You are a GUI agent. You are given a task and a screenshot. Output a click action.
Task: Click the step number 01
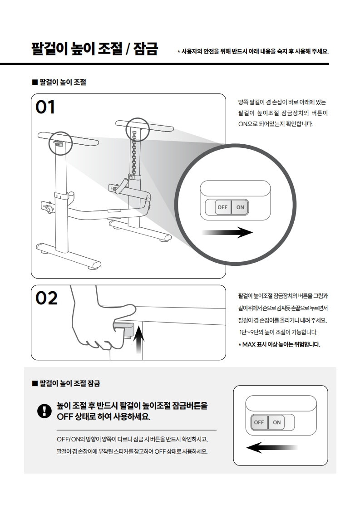[x=45, y=107]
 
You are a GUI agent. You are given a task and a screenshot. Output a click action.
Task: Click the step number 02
[x=46, y=298]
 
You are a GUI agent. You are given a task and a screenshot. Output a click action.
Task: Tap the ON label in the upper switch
[x=240, y=207]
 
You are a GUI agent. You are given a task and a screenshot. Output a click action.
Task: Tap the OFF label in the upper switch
[x=222, y=207]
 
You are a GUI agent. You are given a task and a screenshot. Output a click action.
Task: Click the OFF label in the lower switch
[x=259, y=422]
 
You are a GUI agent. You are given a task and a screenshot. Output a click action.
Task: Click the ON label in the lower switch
[x=277, y=422]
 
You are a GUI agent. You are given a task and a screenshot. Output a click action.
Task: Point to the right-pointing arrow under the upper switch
[x=227, y=232]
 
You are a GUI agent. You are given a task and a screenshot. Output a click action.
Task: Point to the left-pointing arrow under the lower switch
[x=271, y=448]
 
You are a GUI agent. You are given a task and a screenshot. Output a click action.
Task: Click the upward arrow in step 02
[x=139, y=340]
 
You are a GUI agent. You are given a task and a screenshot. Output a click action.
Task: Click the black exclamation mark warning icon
[x=44, y=411]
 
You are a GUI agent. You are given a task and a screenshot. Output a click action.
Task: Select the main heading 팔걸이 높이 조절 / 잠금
[x=94, y=49]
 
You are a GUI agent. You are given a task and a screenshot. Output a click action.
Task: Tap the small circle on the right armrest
[x=138, y=130]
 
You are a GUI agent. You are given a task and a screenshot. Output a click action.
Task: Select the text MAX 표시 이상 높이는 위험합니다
[x=281, y=344]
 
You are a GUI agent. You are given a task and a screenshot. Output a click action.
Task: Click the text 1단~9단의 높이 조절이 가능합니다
[x=278, y=332]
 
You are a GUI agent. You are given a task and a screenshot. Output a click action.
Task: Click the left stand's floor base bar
[x=69, y=255]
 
